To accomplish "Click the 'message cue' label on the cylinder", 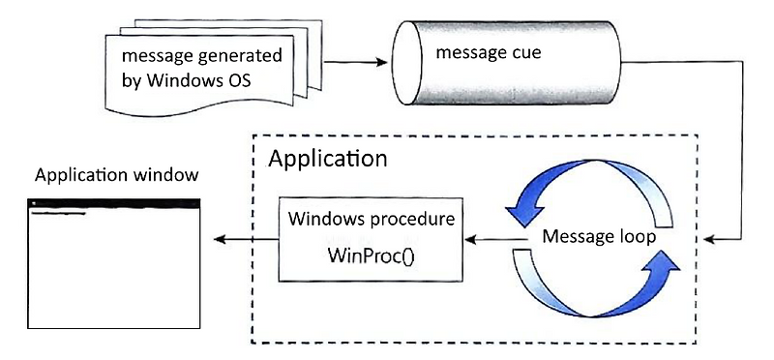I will [x=488, y=51].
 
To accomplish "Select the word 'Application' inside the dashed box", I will [x=328, y=158].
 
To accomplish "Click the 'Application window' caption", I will [x=117, y=175].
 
